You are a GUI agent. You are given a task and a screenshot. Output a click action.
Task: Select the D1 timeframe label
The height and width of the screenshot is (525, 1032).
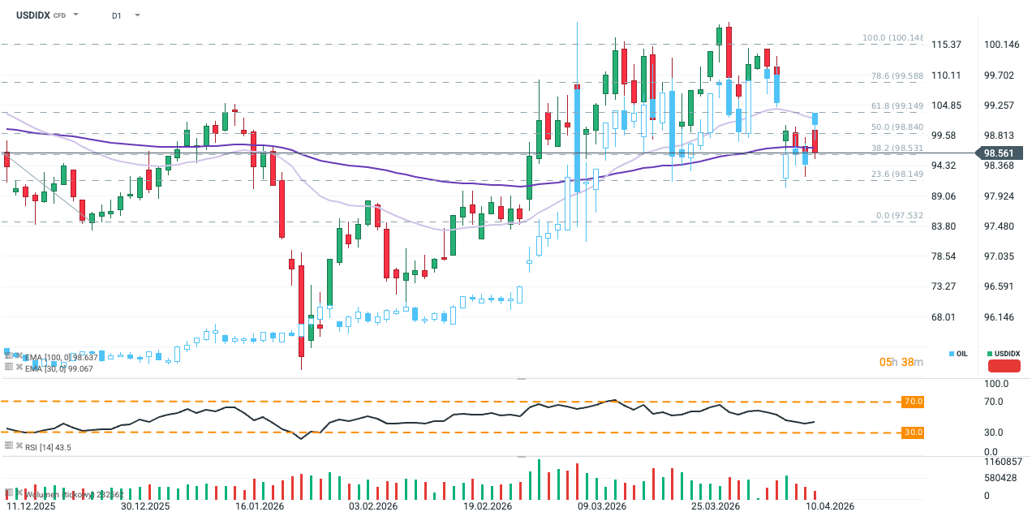tap(117, 15)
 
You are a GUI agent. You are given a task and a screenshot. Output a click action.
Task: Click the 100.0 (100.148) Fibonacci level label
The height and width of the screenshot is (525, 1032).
tap(892, 38)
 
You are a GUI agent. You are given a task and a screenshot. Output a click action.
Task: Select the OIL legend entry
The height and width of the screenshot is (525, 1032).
tap(959, 354)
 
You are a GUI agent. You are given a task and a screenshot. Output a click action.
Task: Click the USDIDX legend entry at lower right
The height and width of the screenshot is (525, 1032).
tap(1004, 354)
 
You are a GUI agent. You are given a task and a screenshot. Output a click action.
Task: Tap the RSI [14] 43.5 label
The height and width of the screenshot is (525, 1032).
tap(48, 446)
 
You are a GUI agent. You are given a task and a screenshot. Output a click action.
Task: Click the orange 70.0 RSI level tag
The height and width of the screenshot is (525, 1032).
tap(913, 402)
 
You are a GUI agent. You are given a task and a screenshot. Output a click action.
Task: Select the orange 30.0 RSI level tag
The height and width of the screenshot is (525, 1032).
tap(913, 432)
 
